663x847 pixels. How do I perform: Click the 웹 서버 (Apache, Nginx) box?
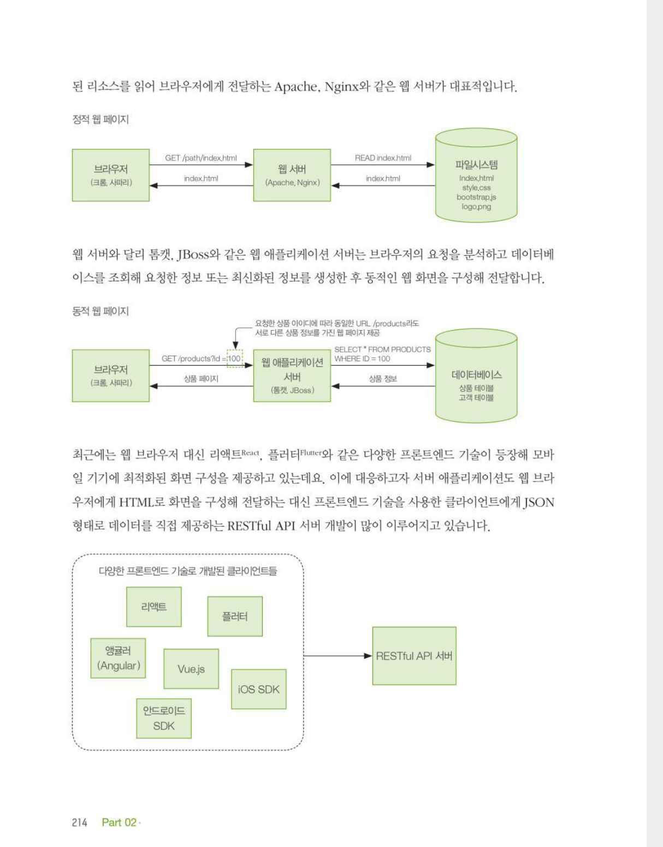click(x=292, y=175)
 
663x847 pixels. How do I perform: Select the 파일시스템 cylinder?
click(x=476, y=175)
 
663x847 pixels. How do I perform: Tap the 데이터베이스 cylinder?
click(x=476, y=376)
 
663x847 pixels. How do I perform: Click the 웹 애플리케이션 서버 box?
click(x=292, y=376)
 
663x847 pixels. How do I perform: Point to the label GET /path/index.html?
click(x=200, y=158)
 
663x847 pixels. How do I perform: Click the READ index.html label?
click(x=382, y=158)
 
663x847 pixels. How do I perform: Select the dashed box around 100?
click(x=235, y=358)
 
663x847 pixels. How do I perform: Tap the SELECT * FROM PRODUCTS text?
click(x=382, y=349)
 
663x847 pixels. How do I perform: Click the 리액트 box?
click(x=154, y=607)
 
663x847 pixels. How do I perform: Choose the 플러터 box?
click(x=235, y=616)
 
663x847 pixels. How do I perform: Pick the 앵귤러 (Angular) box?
click(x=118, y=658)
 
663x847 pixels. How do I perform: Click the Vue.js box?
click(x=191, y=669)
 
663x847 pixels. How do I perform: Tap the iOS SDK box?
click(x=259, y=689)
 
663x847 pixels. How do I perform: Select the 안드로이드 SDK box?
click(x=164, y=719)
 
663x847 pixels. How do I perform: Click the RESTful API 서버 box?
click(x=414, y=656)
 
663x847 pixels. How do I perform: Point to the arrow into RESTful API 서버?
click(x=338, y=656)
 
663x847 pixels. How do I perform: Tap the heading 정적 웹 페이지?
click(x=100, y=119)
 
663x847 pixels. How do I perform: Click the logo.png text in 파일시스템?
click(x=476, y=207)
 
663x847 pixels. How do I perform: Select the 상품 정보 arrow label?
click(x=382, y=379)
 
